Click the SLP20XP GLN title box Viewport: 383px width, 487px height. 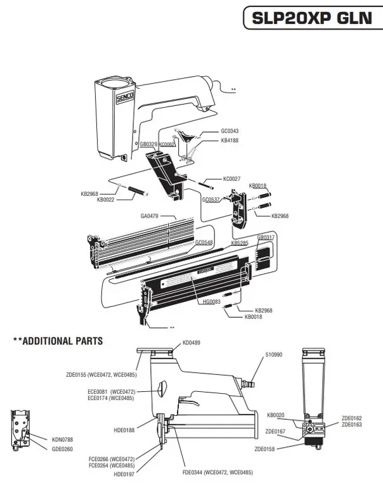pos(312,18)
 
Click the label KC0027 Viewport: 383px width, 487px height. pos(231,179)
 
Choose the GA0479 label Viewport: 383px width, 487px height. pos(150,216)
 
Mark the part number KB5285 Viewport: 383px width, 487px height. pos(239,243)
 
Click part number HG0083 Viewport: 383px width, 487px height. pos(211,302)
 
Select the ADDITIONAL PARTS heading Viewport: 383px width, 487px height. pos(57,341)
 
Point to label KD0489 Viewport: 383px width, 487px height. pos(191,343)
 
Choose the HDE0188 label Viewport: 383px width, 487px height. pos(124,431)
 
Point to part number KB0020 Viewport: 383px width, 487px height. pos(276,415)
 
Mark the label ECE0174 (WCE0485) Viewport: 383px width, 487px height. pos(112,398)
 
